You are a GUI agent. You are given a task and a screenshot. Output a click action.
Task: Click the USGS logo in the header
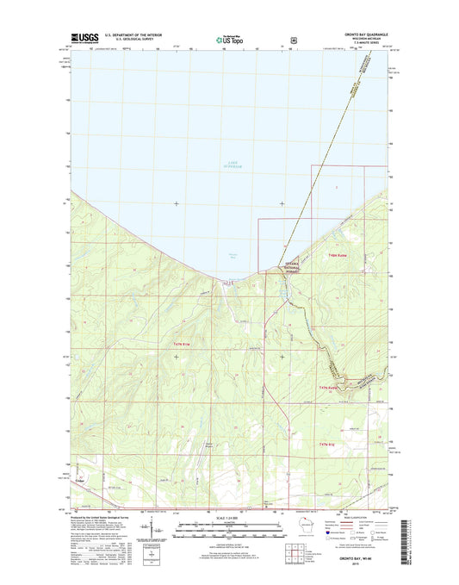click(x=82, y=38)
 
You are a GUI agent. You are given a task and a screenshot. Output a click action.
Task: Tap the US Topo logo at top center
click(x=228, y=38)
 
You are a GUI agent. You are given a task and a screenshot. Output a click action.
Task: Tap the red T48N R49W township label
click(x=338, y=254)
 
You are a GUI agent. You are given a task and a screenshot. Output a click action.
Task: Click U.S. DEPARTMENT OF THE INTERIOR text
click(x=133, y=35)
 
